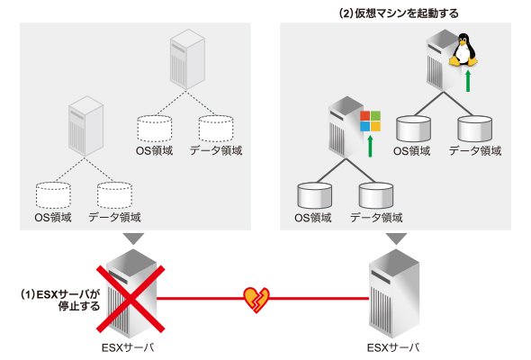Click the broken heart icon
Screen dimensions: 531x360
click(x=256, y=300)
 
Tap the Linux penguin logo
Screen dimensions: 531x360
click(x=463, y=49)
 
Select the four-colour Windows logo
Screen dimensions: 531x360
click(x=370, y=121)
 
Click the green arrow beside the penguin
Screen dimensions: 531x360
click(x=468, y=81)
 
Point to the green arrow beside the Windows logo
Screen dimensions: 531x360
click(x=370, y=147)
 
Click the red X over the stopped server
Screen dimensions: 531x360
click(x=130, y=299)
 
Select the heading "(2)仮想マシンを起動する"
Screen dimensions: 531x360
click(x=398, y=13)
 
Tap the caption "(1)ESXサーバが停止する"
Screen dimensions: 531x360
click(x=61, y=300)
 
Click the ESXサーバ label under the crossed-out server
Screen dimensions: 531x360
click(x=127, y=347)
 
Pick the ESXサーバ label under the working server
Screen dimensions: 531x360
click(x=392, y=347)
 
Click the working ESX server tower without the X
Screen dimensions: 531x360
click(x=394, y=294)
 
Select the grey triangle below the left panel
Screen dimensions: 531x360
click(x=134, y=238)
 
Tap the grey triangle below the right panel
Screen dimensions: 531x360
click(x=397, y=238)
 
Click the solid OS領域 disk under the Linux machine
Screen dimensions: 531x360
click(x=413, y=129)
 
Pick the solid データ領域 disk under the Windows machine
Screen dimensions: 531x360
click(x=376, y=195)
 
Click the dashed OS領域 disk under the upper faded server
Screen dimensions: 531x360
click(x=155, y=129)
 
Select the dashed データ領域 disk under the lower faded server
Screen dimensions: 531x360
click(x=114, y=195)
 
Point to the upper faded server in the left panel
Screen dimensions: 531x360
click(x=187, y=59)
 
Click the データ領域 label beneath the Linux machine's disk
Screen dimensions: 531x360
click(x=475, y=150)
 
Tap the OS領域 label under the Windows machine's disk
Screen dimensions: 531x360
click(x=312, y=218)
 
